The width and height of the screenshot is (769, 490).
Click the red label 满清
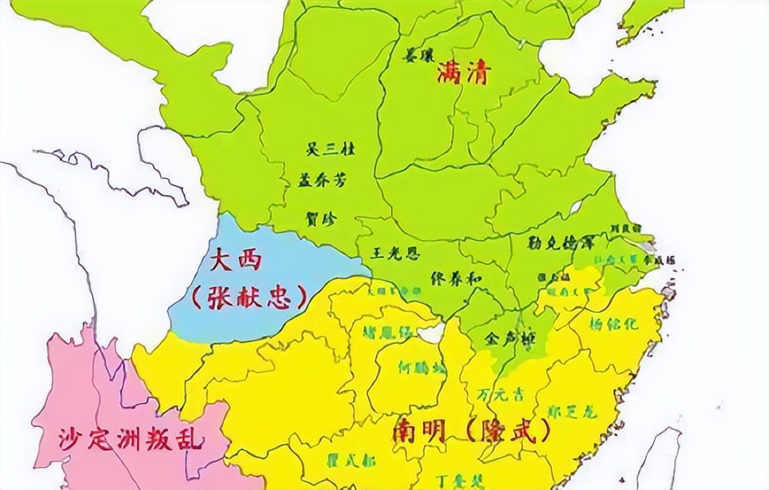tap(462, 74)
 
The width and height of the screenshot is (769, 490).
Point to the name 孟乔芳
tap(323, 182)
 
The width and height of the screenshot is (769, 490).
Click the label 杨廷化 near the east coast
tap(615, 324)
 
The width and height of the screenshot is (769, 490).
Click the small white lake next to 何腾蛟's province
tap(430, 333)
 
